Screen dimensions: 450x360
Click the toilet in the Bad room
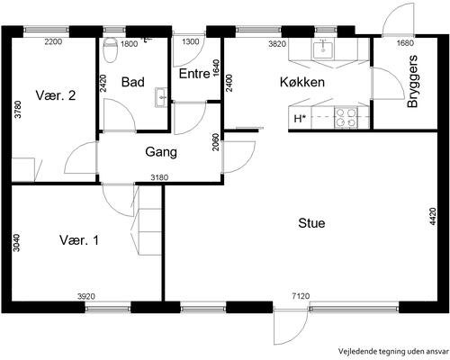click(x=110, y=49)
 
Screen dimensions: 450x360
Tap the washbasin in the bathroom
click(x=161, y=97)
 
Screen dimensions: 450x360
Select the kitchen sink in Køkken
click(x=323, y=49)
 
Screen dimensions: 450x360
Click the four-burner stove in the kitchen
click(x=346, y=117)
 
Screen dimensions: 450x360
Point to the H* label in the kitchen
click(x=300, y=119)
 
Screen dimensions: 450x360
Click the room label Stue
click(x=311, y=223)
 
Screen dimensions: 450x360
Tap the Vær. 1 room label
click(x=79, y=240)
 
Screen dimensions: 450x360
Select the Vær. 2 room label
click(x=56, y=95)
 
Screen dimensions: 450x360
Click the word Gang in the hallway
click(x=161, y=152)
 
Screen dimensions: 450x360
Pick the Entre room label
click(x=194, y=74)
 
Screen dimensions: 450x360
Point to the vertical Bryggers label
click(x=413, y=81)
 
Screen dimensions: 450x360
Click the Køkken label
click(x=302, y=82)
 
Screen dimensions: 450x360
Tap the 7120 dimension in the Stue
click(x=301, y=296)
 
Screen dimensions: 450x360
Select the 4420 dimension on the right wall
click(x=432, y=216)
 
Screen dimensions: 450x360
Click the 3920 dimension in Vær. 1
click(x=86, y=297)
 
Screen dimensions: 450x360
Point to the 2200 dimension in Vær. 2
click(x=53, y=41)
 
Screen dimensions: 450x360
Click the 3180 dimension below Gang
click(x=159, y=177)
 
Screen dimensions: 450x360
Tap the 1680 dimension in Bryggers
click(x=405, y=43)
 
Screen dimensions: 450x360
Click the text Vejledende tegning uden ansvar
click(x=394, y=351)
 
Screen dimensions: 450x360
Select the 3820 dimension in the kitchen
click(x=277, y=44)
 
